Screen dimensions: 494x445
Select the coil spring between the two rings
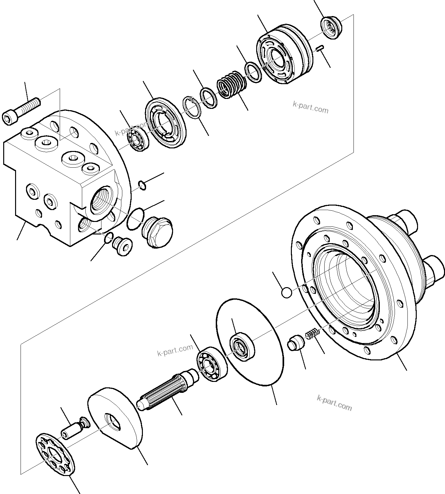point(231,84)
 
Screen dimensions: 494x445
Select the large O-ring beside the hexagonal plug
point(135,219)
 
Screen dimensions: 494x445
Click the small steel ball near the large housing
point(286,293)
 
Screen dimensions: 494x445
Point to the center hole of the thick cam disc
point(113,422)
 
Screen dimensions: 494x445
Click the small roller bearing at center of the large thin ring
point(242,346)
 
